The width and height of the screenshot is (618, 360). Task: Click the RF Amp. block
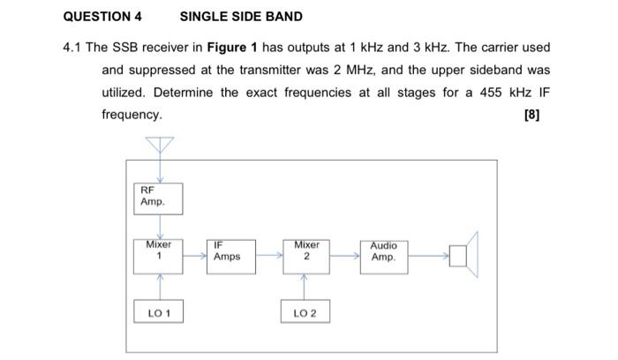159,198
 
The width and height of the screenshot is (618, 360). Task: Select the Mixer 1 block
159,255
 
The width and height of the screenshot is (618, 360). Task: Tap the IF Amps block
231,255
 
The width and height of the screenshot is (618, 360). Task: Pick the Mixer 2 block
306,255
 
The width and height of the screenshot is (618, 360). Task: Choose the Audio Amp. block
384,255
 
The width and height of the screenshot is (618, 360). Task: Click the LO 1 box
159,312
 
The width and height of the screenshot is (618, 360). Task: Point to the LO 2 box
305,312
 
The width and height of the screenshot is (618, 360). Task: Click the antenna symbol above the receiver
160,144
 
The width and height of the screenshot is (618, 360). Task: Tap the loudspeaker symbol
463,256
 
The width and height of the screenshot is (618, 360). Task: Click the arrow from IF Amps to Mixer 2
269,256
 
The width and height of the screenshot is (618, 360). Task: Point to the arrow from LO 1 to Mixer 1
160,286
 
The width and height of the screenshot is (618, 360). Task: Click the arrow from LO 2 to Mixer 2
305,286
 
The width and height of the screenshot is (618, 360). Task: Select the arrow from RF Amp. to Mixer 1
160,225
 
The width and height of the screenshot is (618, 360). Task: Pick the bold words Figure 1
230,47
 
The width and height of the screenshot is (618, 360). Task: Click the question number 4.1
73,47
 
